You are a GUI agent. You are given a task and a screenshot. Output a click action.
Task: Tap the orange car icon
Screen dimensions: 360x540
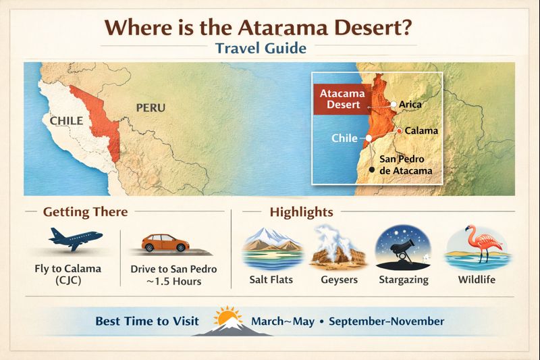165,243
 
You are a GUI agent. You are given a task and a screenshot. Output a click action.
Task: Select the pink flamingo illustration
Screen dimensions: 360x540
477,247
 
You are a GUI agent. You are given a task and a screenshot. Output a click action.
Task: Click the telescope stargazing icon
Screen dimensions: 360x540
402,249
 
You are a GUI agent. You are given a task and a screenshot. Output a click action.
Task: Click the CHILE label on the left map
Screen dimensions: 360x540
66,121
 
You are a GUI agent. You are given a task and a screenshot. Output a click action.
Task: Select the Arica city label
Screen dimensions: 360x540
410,105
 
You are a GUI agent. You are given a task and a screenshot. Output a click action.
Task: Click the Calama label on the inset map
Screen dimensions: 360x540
421,130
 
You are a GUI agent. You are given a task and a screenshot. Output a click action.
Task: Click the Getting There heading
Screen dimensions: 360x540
85,211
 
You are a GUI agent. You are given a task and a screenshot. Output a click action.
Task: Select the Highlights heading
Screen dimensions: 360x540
301,211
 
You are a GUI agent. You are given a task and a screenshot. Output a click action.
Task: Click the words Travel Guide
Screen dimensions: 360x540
261,49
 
